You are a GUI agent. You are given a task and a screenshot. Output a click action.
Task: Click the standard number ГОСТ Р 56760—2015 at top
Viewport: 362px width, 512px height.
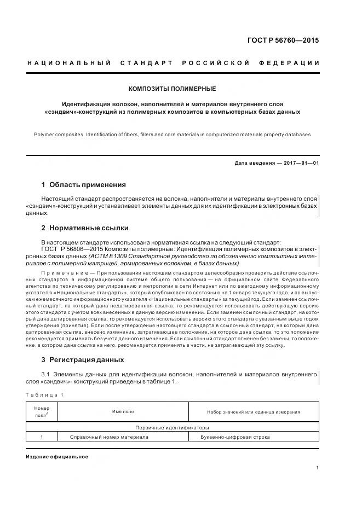(282, 40)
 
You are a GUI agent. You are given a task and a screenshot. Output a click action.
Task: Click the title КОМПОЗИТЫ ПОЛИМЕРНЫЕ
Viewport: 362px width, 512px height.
(172, 88)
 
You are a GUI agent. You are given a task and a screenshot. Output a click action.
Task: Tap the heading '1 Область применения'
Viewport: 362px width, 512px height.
(83, 185)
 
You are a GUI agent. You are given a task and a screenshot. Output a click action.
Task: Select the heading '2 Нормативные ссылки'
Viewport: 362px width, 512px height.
(85, 228)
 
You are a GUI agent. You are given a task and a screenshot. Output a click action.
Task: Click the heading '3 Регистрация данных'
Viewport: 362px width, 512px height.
(83, 359)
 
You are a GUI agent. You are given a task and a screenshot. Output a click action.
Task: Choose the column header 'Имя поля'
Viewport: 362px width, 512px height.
(123, 411)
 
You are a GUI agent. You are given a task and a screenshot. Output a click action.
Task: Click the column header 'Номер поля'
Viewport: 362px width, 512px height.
(42, 411)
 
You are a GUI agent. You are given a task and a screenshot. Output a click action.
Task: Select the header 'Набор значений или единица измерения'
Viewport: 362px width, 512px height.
(253, 411)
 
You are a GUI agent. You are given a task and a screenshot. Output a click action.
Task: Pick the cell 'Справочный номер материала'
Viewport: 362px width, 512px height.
(109, 437)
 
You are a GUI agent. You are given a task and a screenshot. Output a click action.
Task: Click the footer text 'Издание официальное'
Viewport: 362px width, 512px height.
(56, 456)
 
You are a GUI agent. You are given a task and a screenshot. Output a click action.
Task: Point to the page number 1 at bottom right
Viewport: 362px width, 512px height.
(318, 468)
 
